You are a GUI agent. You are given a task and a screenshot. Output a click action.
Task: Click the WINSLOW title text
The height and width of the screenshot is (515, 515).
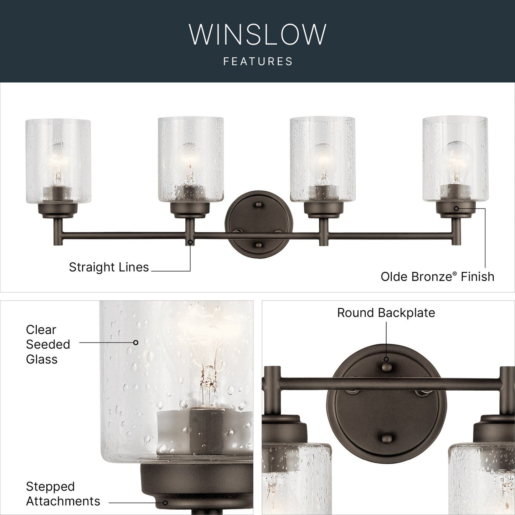pos(258,35)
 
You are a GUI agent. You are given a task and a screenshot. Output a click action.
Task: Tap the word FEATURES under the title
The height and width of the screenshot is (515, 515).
pos(258,61)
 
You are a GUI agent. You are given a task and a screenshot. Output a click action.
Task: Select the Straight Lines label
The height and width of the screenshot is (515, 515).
pos(109,267)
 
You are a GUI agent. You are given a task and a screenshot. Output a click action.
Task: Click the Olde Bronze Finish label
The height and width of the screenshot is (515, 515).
pos(438,277)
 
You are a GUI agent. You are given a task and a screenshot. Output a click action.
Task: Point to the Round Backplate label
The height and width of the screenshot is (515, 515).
pos(386,313)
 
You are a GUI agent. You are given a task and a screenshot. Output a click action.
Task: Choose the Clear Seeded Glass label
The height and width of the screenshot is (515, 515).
pos(48,345)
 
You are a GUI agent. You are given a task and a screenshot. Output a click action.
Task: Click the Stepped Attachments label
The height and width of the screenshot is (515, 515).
pos(63,494)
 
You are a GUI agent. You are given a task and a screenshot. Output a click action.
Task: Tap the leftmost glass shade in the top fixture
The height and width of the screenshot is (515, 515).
pos(58,161)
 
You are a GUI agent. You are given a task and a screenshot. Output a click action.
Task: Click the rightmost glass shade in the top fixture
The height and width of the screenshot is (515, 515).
pos(455,159)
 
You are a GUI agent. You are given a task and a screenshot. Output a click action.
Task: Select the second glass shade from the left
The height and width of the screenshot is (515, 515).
pos(191,159)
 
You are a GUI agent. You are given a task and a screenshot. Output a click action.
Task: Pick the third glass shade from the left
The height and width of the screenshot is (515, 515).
pos(323,159)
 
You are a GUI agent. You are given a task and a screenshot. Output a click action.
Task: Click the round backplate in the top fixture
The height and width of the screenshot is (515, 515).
pos(259,225)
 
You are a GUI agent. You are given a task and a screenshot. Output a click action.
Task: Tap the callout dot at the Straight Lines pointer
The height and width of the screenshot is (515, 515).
pos(190,242)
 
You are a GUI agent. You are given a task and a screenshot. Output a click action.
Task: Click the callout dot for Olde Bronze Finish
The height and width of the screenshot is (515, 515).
pos(456,208)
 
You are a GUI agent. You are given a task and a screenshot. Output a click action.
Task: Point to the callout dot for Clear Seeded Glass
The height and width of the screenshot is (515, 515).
pos(136,343)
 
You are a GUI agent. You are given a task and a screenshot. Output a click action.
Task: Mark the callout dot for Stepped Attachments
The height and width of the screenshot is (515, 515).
pos(165,503)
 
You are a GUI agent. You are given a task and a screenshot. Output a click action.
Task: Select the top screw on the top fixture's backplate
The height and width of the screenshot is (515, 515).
pos(258,205)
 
